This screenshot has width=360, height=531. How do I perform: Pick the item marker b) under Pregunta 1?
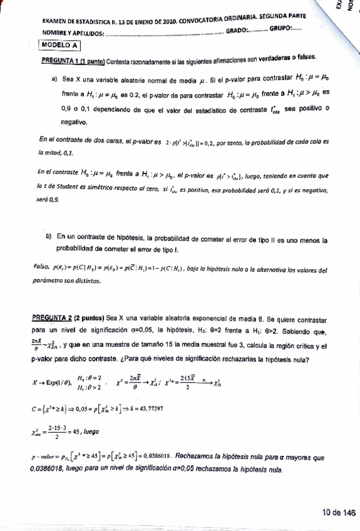(x=49, y=237)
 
